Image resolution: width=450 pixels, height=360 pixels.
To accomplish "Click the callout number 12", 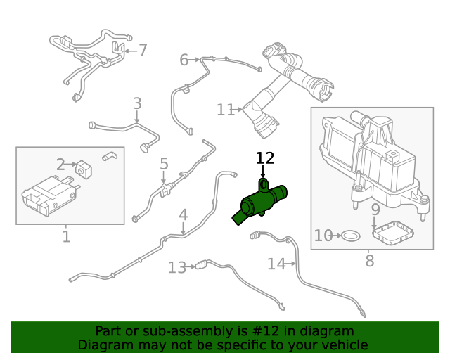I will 265,158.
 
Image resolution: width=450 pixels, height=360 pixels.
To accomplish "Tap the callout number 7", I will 143,50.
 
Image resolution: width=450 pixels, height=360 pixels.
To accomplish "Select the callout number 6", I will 184,60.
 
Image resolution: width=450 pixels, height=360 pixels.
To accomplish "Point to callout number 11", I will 225,110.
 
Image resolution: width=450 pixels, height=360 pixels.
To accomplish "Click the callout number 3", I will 137,104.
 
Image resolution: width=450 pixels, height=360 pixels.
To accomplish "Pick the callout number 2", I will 61,165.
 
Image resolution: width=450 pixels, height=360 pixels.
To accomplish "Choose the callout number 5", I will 164,165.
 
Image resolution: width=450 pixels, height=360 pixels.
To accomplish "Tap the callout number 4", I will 183,214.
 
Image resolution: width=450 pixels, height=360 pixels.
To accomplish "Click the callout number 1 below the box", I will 66,236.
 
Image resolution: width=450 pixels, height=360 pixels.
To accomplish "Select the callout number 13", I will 176,267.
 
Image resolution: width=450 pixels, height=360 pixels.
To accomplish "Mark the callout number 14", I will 276,264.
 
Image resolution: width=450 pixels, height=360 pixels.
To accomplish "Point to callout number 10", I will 323,236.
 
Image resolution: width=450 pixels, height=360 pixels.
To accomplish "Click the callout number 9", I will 375,210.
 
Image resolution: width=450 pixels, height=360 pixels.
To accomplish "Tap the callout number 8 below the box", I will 370,262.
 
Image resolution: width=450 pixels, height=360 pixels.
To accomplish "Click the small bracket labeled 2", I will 84,169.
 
